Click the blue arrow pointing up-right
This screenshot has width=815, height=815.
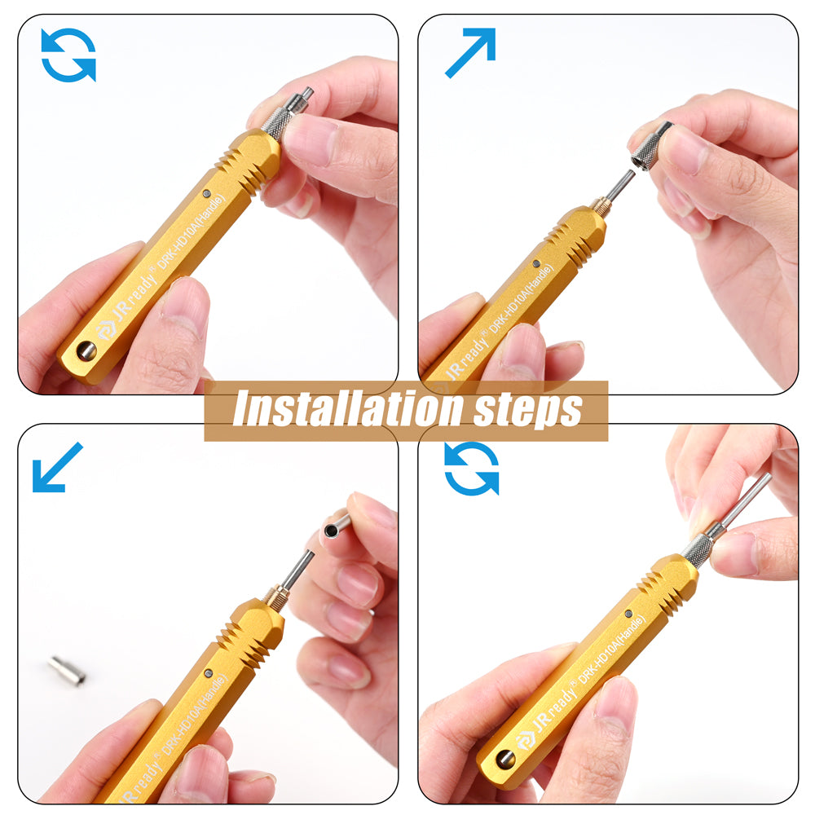(470, 52)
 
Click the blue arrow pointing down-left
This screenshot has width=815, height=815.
(57, 467)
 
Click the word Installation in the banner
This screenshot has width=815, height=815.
(348, 410)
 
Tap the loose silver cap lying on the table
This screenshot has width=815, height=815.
(68, 671)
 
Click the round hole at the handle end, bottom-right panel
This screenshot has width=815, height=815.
(505, 760)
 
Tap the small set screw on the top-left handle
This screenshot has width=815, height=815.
(207, 193)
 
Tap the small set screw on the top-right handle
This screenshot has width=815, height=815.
(536, 263)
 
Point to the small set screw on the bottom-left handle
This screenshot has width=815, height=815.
(209, 673)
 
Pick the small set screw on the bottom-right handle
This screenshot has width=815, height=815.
(628, 614)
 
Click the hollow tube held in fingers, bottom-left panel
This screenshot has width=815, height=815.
(337, 525)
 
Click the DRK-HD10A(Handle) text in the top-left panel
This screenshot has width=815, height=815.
(192, 231)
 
